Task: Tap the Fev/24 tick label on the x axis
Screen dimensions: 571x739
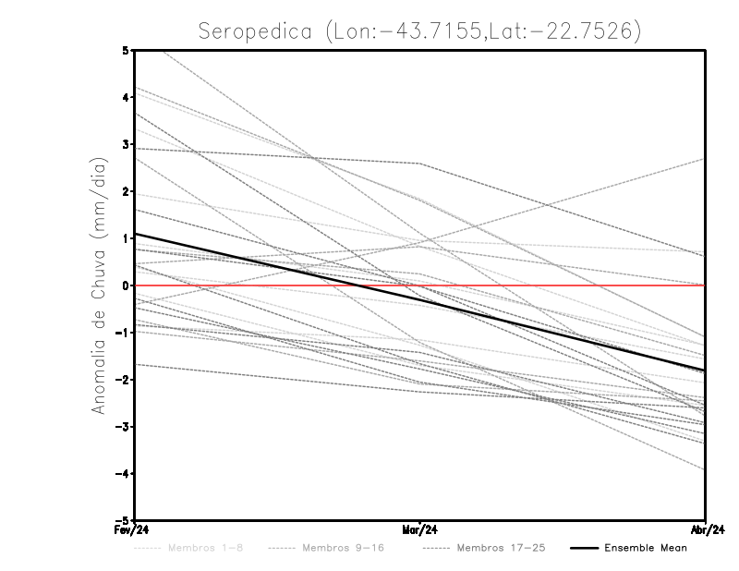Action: (133, 530)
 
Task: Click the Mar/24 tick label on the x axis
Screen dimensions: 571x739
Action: (419, 530)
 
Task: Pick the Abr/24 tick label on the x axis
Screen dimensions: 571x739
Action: (706, 530)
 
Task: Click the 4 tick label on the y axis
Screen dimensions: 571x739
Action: (126, 97)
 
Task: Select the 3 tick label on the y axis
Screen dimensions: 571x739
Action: (126, 144)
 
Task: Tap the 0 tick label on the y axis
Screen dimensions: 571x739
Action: (126, 285)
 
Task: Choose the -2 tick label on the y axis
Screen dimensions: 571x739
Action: (123, 380)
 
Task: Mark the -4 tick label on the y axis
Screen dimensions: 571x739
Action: (123, 473)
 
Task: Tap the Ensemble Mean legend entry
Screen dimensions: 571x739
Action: (645, 548)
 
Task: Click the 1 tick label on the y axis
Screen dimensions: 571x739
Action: (126, 238)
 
